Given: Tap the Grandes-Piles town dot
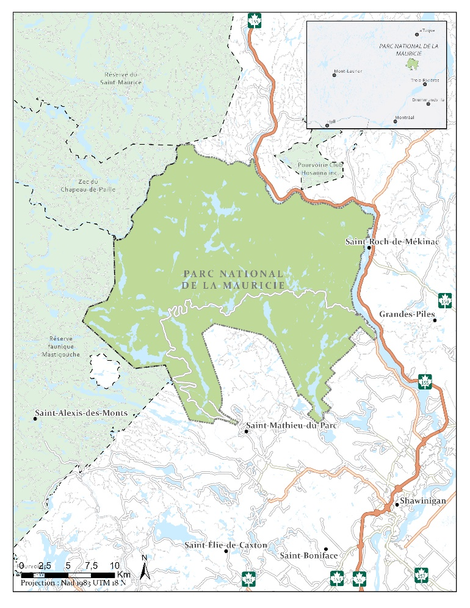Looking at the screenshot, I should pyautogui.click(x=434, y=320).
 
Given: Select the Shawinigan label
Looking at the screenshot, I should pyautogui.click(x=424, y=501).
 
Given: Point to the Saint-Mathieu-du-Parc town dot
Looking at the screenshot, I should pyautogui.click(x=246, y=432).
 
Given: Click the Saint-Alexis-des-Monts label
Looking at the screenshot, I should pyautogui.click(x=81, y=413).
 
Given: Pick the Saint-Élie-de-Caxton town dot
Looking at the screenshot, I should pyautogui.click(x=226, y=551).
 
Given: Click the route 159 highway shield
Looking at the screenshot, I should pyautogui.click(x=445, y=300).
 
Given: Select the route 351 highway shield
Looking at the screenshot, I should pyautogui.click(x=248, y=577).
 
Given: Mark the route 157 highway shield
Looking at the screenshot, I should pyautogui.click(x=421, y=574).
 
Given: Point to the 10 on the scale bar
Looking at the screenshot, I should pyautogui.click(x=114, y=565).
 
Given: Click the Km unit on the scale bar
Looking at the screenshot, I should pyautogui.click(x=124, y=575).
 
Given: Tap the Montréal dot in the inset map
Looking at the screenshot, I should pyautogui.click(x=395, y=121).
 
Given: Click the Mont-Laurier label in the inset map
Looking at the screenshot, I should pyautogui.click(x=349, y=71).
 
